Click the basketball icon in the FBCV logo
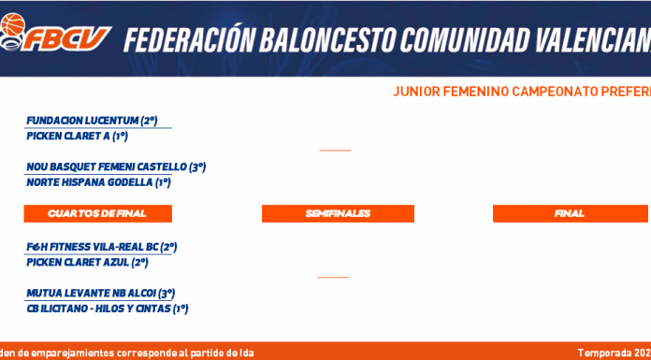click(13, 24)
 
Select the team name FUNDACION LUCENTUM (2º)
click(92, 121)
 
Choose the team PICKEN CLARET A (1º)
click(77, 137)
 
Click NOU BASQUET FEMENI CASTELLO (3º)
click(116, 167)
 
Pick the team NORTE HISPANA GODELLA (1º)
click(98, 182)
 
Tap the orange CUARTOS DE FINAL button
click(97, 213)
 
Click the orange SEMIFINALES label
click(338, 213)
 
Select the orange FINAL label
click(570, 213)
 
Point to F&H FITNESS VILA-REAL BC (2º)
click(102, 247)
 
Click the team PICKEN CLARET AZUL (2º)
click(87, 263)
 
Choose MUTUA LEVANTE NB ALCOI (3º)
click(100, 294)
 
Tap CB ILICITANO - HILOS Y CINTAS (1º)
click(108, 309)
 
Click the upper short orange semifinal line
click(335, 151)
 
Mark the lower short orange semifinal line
click(333, 277)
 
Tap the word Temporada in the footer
click(604, 353)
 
